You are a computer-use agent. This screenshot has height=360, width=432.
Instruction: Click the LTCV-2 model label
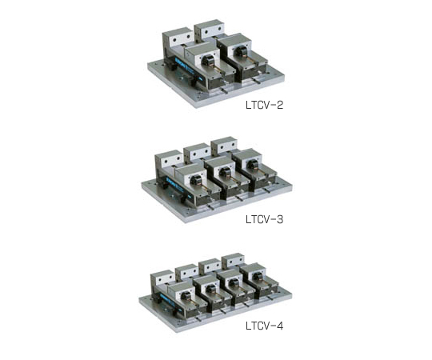click(264, 105)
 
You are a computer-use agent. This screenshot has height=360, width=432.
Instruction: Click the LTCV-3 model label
click(264, 219)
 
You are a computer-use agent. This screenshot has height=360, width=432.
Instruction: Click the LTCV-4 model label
click(264, 326)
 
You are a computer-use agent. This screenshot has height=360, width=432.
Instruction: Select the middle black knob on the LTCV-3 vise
click(225, 173)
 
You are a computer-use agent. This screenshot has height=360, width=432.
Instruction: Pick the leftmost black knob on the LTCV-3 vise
click(195, 180)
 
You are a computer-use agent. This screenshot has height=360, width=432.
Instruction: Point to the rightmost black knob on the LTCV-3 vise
click(251, 166)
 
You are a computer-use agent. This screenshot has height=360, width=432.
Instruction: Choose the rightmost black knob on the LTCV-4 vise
click(257, 276)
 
